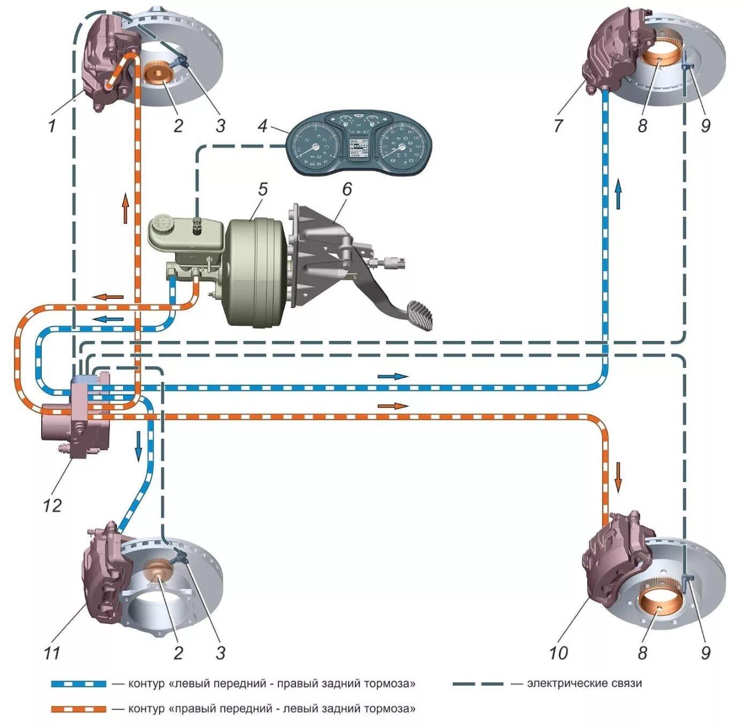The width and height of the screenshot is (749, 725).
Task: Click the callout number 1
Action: tap(52, 126)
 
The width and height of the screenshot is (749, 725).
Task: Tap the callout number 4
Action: tap(262, 126)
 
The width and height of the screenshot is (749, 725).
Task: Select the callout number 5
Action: tap(262, 190)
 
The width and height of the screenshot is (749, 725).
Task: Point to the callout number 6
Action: tap(346, 190)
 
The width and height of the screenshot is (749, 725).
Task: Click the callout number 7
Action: tap(558, 126)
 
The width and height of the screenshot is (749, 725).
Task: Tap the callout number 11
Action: tap(52, 653)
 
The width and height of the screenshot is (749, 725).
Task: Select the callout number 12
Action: tap(52, 505)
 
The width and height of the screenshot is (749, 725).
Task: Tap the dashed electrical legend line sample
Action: tap(478, 684)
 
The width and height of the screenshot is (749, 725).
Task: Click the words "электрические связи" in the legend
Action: tap(584, 684)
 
